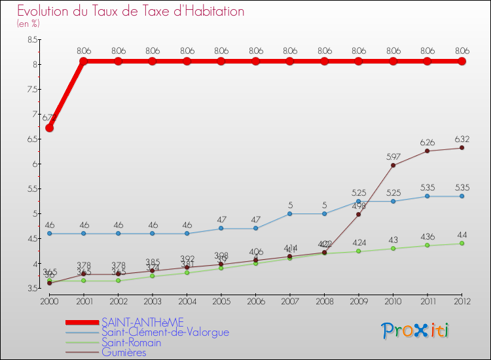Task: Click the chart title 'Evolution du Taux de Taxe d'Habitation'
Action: (x=131, y=11)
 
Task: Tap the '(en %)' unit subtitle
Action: (x=29, y=24)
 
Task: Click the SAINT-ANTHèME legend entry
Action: (x=143, y=322)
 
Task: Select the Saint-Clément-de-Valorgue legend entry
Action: (x=165, y=332)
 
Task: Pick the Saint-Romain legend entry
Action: (x=131, y=342)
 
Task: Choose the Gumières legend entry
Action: (x=124, y=352)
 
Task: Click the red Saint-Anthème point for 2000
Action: (x=49, y=128)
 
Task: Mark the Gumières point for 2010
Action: (x=393, y=165)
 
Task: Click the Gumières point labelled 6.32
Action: (x=462, y=147)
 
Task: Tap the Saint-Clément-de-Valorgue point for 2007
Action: (x=290, y=213)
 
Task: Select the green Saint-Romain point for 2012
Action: (x=462, y=243)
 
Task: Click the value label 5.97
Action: (x=393, y=156)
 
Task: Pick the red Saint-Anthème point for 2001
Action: (x=84, y=62)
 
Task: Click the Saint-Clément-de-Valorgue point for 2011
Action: (x=427, y=196)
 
